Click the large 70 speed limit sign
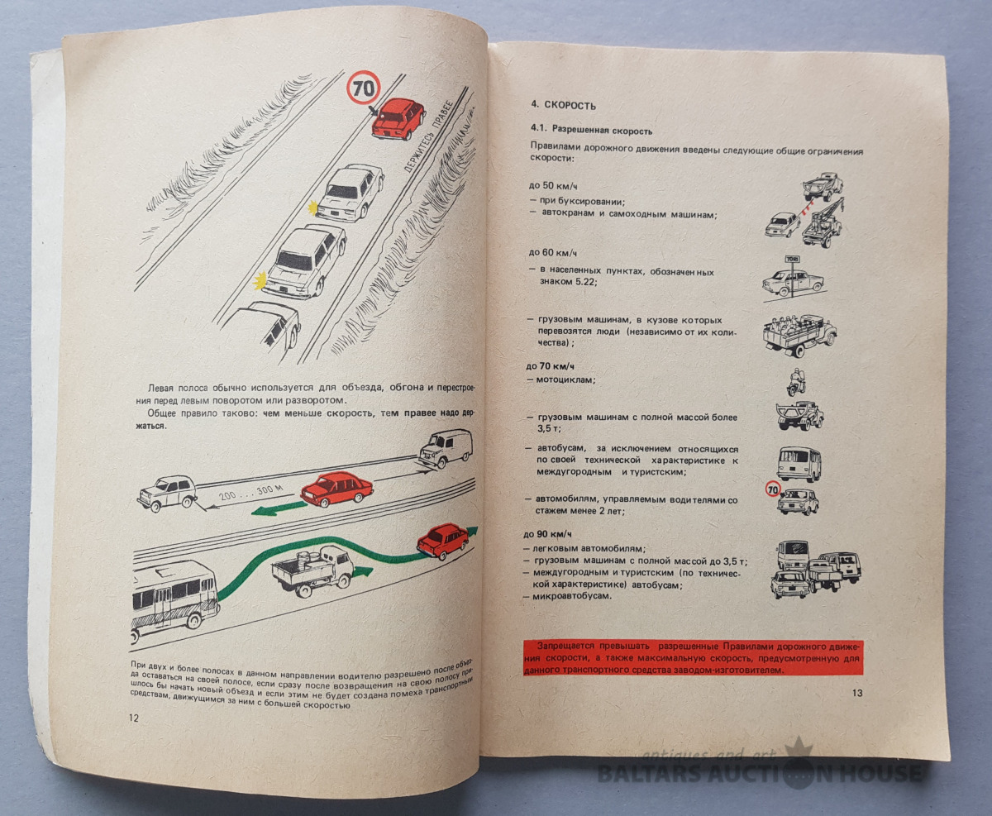click(363, 87)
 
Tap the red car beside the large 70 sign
click(398, 117)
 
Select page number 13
click(856, 693)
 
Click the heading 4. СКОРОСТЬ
click(563, 105)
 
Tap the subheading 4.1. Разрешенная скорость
click(591, 131)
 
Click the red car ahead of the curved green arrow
click(442, 541)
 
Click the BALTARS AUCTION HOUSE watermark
click(760, 773)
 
